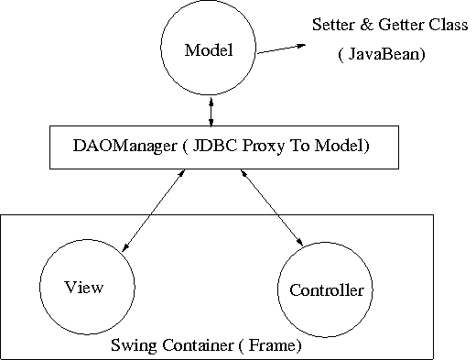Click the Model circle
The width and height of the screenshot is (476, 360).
click(209, 51)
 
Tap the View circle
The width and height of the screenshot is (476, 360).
click(83, 286)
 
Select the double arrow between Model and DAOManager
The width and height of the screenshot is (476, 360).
click(212, 110)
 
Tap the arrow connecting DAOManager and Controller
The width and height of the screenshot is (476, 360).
click(271, 208)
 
